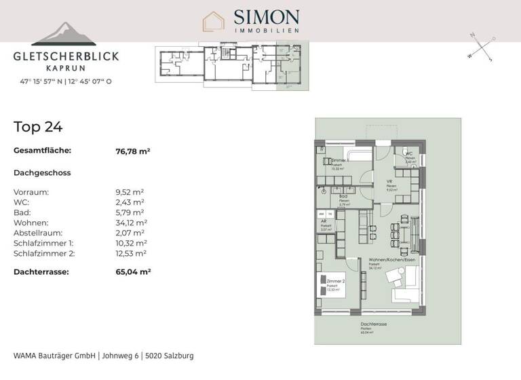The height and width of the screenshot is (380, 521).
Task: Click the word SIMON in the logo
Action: point(266,16)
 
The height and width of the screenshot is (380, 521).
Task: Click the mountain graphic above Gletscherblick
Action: point(66,35)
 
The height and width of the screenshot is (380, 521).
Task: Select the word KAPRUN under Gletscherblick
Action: point(66,69)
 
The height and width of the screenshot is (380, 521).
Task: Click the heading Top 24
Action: point(38,126)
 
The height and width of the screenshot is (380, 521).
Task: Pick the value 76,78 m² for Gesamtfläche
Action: point(133,151)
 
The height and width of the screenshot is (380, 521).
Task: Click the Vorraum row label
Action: point(31,192)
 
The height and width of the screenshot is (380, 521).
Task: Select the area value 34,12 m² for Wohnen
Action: point(132,223)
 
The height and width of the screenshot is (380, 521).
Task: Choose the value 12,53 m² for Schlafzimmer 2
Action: point(132,253)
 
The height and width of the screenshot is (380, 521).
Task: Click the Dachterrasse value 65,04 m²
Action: point(133,271)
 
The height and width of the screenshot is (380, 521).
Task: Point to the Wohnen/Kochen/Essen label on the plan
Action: point(391,261)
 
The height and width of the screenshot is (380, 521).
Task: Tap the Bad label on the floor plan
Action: point(343,197)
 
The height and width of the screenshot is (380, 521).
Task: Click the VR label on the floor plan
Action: point(390,182)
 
